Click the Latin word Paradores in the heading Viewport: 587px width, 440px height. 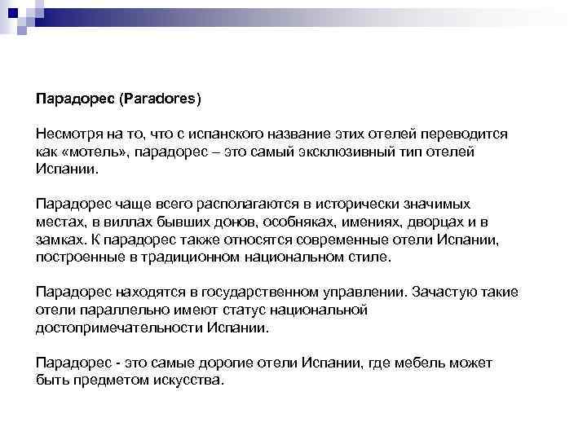[160, 99]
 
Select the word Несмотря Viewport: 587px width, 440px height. [66, 134]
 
